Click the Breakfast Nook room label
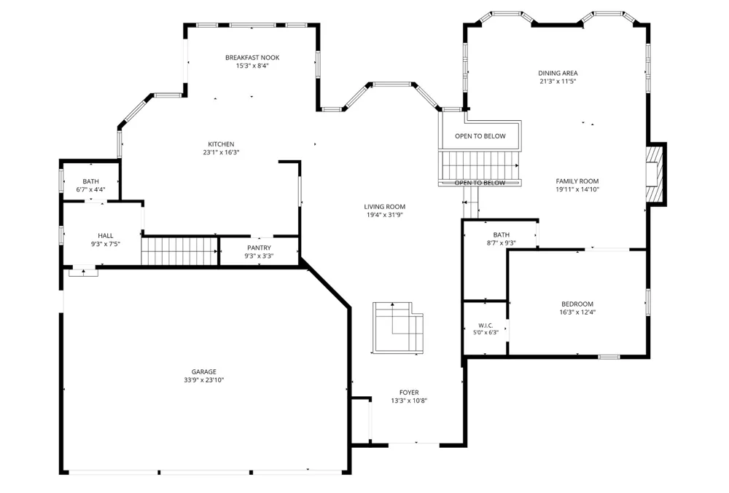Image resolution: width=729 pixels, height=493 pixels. [252, 58]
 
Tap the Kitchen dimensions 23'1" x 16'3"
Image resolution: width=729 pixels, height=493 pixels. [221, 152]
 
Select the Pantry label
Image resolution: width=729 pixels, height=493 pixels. [259, 248]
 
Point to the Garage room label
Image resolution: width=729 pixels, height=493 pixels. [203, 372]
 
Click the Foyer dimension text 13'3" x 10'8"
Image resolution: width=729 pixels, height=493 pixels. [409, 401]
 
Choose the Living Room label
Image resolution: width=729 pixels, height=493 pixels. [384, 207]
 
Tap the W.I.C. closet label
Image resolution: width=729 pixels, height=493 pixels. [486, 326]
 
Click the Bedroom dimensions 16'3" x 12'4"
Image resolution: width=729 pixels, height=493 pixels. [577, 312]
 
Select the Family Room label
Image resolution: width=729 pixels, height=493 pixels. [577, 181]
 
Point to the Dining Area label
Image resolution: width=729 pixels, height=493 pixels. [558, 73]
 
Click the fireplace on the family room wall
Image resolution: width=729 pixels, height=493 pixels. [655, 174]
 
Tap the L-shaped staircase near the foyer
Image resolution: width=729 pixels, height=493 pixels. [398, 328]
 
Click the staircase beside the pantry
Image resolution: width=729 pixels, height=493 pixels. [179, 251]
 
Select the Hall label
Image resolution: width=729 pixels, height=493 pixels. [106, 236]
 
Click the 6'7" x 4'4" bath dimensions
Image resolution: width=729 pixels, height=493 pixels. [90, 189]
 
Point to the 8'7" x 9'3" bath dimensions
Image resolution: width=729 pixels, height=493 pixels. [502, 242]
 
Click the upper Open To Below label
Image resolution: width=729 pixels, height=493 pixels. [480, 136]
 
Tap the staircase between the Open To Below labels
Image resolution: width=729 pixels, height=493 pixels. [479, 166]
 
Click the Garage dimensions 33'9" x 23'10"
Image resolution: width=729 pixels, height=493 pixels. [203, 380]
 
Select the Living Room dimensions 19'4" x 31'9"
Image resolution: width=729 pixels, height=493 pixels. [384, 215]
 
